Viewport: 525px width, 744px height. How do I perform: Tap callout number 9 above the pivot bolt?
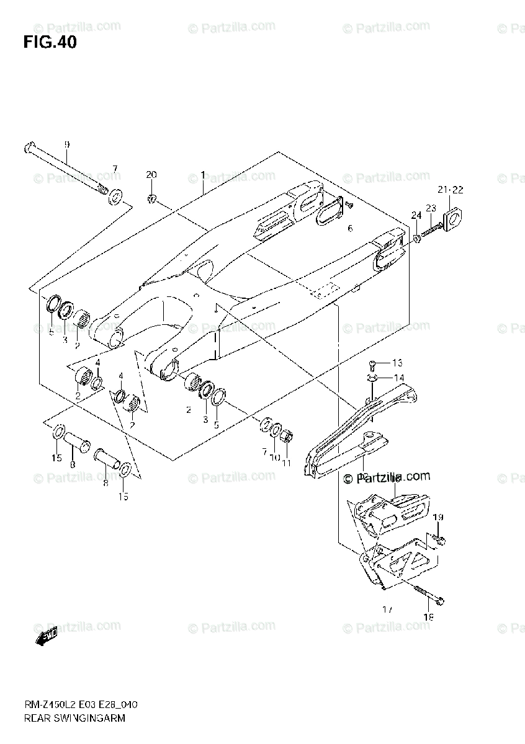click(x=67, y=144)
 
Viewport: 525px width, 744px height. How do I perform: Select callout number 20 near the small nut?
click(x=152, y=175)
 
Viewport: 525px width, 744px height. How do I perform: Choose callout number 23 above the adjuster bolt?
click(x=431, y=208)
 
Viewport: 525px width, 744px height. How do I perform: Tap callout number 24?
click(x=415, y=215)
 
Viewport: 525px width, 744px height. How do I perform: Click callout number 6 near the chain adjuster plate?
click(x=350, y=229)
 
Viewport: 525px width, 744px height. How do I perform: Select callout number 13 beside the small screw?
click(x=397, y=363)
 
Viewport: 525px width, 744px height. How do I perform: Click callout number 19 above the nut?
click(x=438, y=517)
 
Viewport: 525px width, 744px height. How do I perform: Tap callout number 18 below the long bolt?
click(x=428, y=617)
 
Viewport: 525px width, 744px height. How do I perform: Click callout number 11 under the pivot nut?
click(x=287, y=463)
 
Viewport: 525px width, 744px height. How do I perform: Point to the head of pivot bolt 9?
click(x=29, y=149)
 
